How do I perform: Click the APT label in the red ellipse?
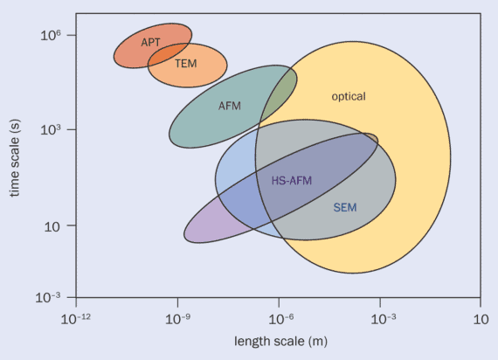[x=150, y=42]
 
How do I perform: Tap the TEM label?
[x=185, y=64]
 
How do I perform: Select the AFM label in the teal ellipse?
[x=229, y=106]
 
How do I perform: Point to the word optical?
[x=348, y=96]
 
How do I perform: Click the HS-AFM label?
[x=291, y=181]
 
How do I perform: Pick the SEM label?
[x=345, y=207]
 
